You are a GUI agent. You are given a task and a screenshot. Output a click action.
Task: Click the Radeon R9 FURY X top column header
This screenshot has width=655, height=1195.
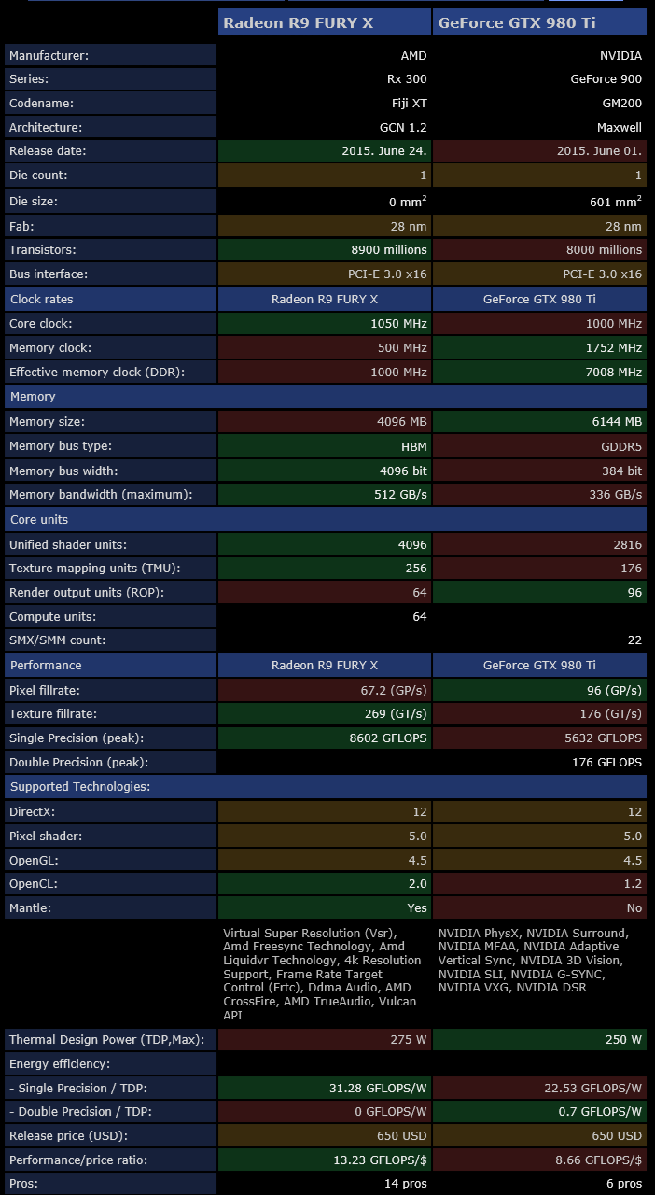click(324, 22)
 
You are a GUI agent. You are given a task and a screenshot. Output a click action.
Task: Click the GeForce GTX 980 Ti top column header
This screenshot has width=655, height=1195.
click(539, 22)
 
